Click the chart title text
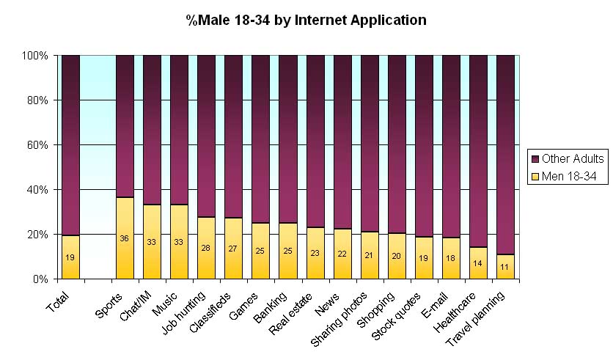pos(306,21)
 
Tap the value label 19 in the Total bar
pos(70,258)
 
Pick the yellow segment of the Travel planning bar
pos(505,268)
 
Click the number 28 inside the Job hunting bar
pos(206,248)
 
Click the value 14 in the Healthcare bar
pos(478,263)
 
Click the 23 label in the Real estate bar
pos(315,253)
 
